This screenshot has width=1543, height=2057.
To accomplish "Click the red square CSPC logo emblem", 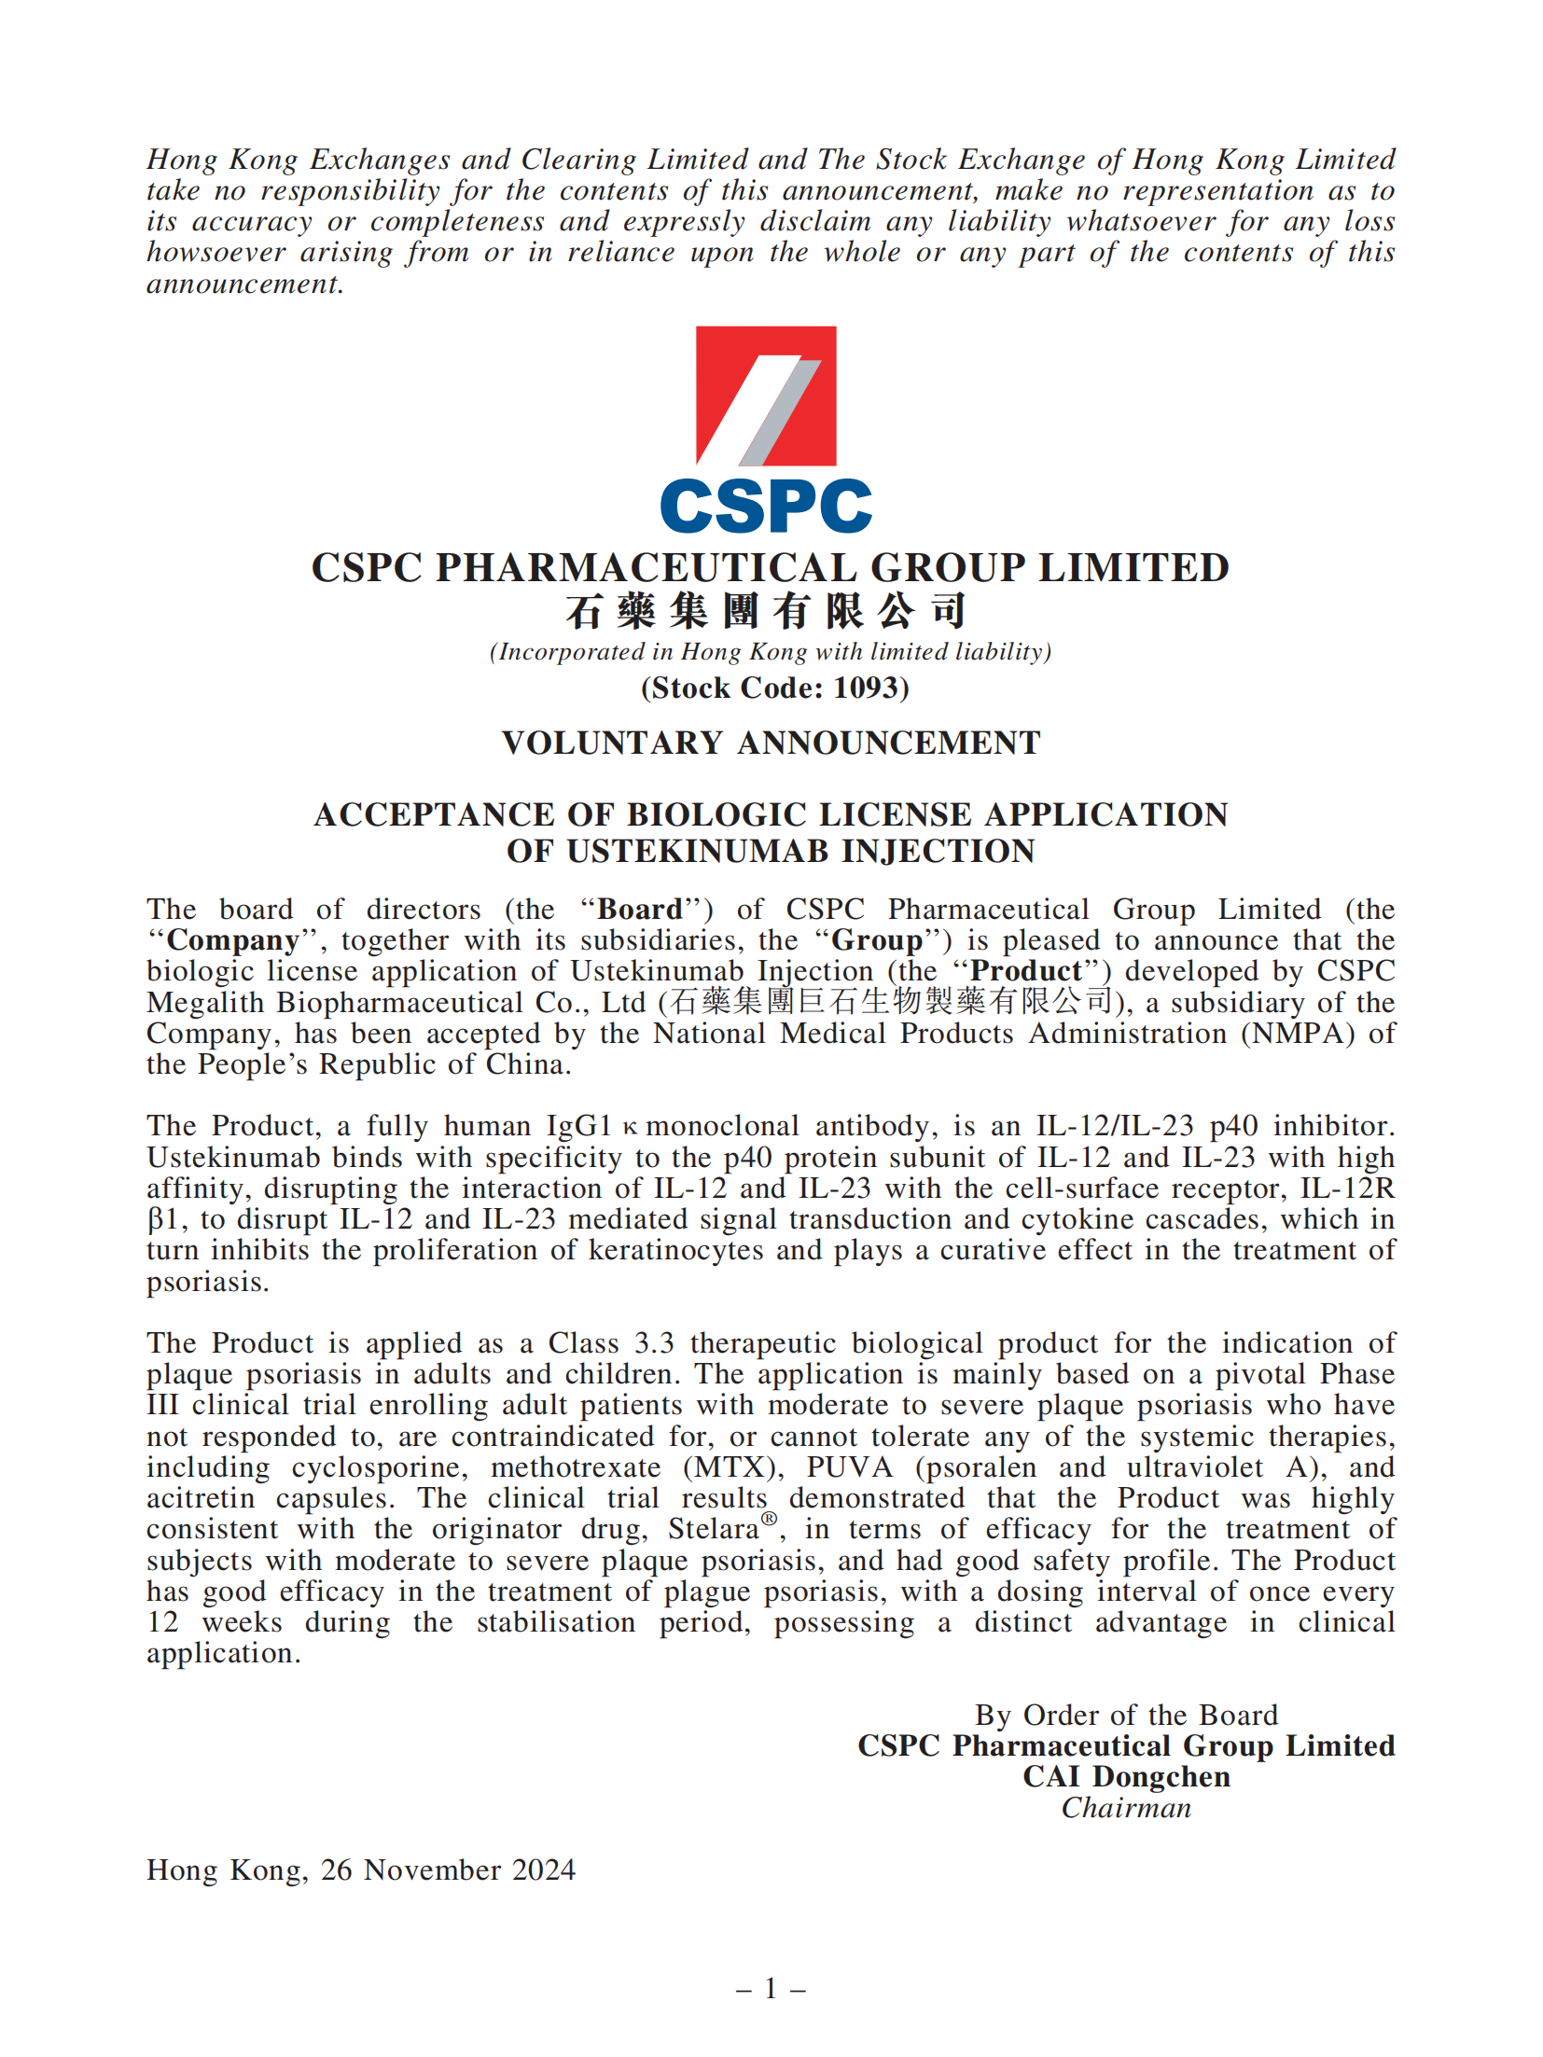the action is point(765,396).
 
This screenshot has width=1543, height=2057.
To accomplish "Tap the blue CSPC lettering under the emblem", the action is point(765,507).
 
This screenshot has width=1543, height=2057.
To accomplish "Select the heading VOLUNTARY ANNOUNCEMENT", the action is point(771,743).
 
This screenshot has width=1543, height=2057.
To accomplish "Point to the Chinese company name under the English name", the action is point(765,611).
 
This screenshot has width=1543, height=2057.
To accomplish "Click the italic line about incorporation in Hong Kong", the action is point(771,651).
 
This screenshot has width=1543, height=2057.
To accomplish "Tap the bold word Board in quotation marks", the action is point(640,909).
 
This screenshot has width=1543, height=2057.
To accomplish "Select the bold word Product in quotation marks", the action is point(1025,970).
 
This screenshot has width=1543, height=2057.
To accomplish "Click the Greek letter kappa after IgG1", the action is point(631,1127).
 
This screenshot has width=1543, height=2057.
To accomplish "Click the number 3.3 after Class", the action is point(654,1343).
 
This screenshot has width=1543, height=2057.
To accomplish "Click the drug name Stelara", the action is point(714,1530).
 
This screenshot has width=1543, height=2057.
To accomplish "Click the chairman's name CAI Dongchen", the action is point(1126,1776).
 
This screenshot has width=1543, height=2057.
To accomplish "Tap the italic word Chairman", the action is point(1126,1808).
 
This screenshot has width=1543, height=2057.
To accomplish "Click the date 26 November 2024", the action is point(448,1870).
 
